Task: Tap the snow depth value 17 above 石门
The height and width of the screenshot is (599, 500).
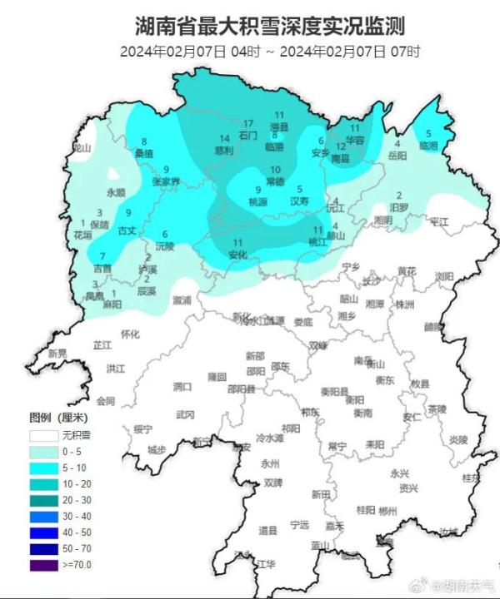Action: (x=247, y=123)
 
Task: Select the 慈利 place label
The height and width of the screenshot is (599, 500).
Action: (x=223, y=151)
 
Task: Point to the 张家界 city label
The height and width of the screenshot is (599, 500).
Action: (x=166, y=181)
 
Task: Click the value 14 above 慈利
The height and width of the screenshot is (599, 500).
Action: (x=223, y=139)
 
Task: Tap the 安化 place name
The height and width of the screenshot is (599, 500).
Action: (x=237, y=255)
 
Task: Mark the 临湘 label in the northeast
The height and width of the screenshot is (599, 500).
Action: (x=428, y=145)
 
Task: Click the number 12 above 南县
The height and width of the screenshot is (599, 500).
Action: (x=340, y=146)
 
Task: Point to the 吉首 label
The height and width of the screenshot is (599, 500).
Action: (x=102, y=268)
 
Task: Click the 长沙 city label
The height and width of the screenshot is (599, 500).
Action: (x=371, y=280)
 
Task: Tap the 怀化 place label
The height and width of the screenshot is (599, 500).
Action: (x=130, y=334)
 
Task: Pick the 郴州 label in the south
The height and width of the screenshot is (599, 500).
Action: (x=387, y=510)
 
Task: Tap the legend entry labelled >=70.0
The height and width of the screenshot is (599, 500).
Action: (x=73, y=564)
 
